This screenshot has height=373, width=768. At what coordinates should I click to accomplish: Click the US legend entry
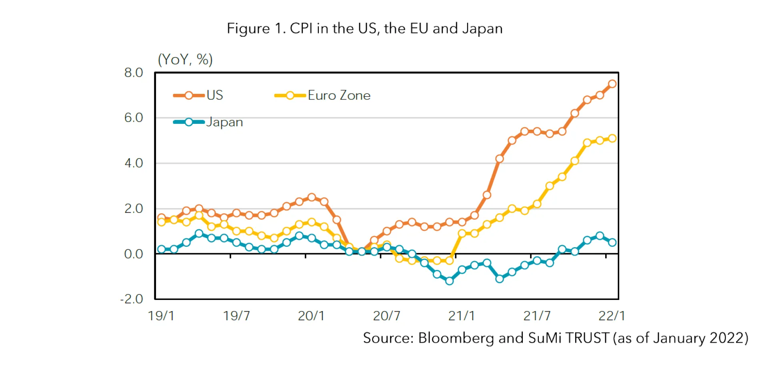pyautogui.click(x=198, y=95)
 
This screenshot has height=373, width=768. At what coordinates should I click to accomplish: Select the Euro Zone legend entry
pyautogui.click(x=322, y=95)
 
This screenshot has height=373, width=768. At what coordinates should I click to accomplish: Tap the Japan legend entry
pyautogui.click(x=208, y=122)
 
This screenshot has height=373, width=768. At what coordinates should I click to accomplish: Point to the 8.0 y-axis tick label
pyautogui.click(x=133, y=73)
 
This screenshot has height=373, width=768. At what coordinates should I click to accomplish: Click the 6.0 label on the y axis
pyautogui.click(x=133, y=118)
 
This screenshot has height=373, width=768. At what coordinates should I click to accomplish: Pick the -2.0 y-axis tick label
pyautogui.click(x=132, y=299)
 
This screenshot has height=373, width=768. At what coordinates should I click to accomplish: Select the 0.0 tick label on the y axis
pyautogui.click(x=133, y=254)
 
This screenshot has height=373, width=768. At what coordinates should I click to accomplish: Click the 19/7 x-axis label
pyautogui.click(x=236, y=316)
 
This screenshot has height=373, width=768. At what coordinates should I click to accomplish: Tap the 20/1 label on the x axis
pyautogui.click(x=311, y=316)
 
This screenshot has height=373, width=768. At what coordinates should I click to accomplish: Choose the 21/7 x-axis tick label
pyautogui.click(x=537, y=316)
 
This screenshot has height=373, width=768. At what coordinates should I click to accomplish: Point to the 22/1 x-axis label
pyautogui.click(x=611, y=316)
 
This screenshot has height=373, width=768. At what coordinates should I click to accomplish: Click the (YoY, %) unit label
pyautogui.click(x=185, y=60)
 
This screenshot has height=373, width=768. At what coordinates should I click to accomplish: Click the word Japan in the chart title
pyautogui.click(x=482, y=29)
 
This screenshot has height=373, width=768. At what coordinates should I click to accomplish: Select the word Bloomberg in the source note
pyautogui.click(x=456, y=338)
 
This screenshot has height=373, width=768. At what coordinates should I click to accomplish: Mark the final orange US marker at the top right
pyautogui.click(x=612, y=84)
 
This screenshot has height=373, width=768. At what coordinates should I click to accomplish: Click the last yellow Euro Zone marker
pyautogui.click(x=612, y=138)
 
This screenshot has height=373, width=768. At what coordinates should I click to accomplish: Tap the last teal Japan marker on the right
pyautogui.click(x=612, y=242)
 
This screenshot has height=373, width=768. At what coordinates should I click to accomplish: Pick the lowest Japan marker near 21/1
pyautogui.click(x=449, y=281)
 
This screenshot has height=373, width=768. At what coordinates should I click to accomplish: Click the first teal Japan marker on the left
pyautogui.click(x=161, y=249)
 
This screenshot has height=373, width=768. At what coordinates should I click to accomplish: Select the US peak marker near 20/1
pyautogui.click(x=312, y=197)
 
